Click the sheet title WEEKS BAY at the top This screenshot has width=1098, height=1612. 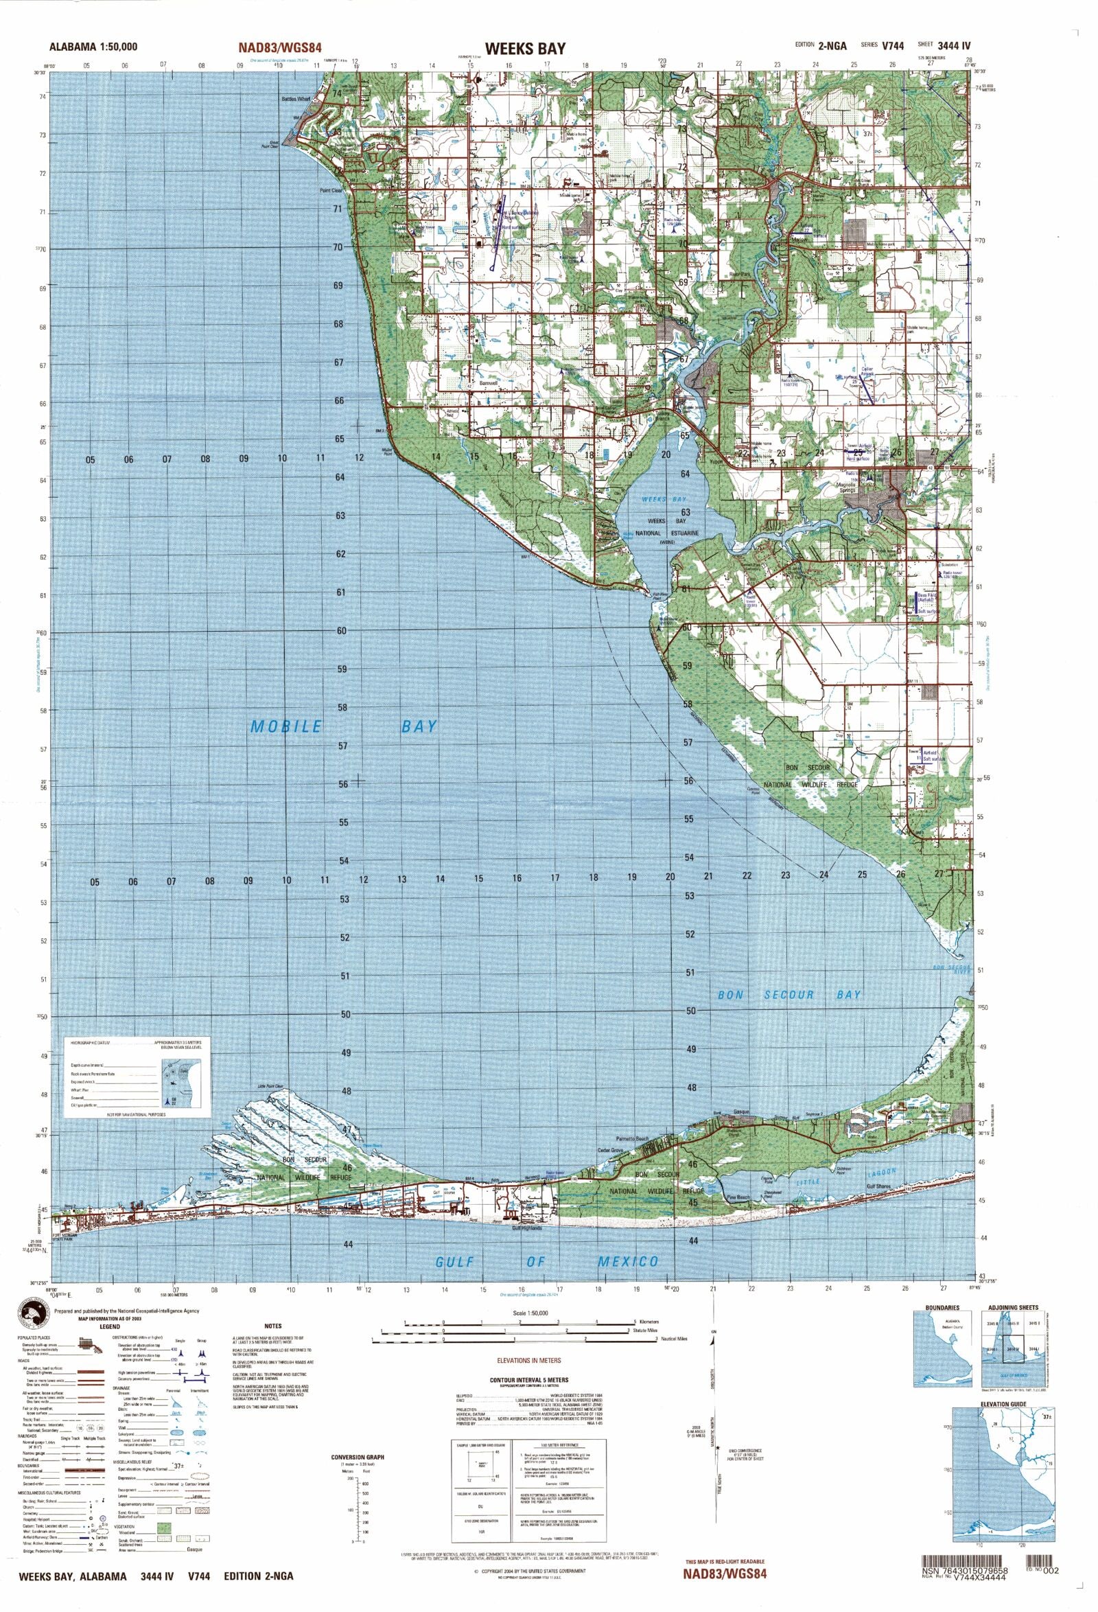pos(525,49)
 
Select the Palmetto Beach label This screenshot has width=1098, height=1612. pos(633,1139)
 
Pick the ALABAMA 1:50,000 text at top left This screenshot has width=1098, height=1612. pos(93,47)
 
